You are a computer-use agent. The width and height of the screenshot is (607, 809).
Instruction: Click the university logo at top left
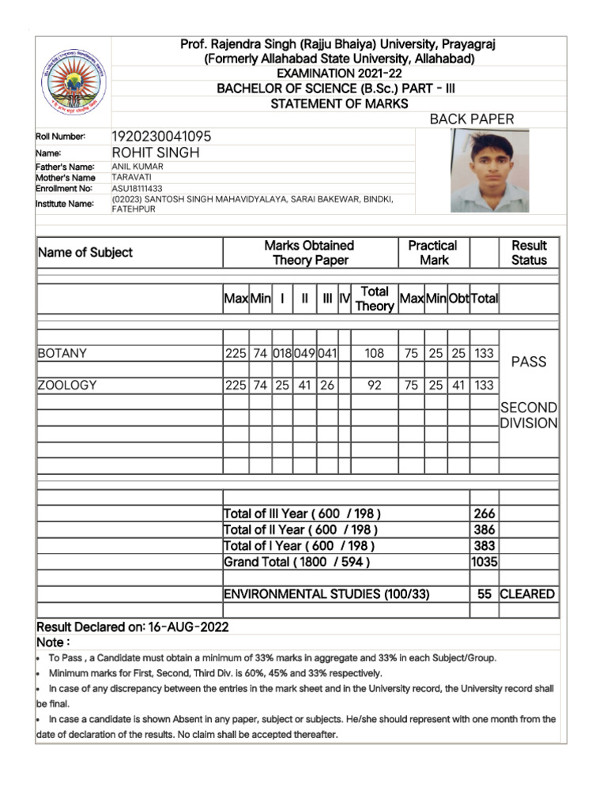click(73, 81)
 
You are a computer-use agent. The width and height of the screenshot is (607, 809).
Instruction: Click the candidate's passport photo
click(489, 170)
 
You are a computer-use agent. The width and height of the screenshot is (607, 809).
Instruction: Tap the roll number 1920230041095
click(161, 137)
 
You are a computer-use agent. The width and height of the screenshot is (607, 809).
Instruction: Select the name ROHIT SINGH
click(156, 152)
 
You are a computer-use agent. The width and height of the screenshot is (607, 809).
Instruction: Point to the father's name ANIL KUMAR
click(138, 167)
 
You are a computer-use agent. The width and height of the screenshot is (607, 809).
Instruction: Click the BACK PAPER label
click(471, 119)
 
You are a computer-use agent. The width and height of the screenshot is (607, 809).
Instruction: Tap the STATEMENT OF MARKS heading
click(339, 103)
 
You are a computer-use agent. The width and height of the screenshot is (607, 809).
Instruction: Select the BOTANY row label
click(62, 353)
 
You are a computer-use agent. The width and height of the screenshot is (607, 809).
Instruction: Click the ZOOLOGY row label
click(67, 385)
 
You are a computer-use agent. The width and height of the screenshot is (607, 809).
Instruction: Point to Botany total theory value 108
click(374, 354)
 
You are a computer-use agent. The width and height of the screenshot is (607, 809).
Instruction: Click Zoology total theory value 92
click(374, 386)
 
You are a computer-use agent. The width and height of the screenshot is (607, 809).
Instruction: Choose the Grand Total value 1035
click(484, 562)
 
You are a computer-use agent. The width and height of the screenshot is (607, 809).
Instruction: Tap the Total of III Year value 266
click(484, 514)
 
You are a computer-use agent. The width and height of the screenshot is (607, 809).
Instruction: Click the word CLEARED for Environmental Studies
click(527, 594)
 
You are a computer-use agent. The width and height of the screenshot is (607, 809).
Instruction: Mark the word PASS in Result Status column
click(529, 362)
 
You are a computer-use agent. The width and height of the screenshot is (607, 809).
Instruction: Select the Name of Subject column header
click(85, 253)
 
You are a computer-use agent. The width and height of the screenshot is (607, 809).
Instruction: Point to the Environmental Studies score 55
click(484, 594)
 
